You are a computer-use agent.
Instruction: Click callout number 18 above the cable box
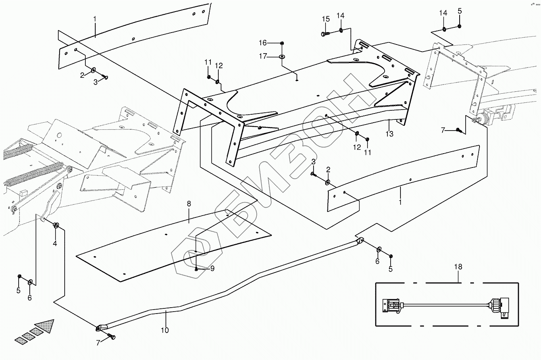[458, 267]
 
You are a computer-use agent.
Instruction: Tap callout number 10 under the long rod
[165, 330]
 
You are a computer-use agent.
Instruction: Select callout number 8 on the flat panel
[189, 204]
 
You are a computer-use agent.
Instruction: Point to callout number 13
[389, 134]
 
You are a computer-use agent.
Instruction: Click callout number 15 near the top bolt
[325, 19]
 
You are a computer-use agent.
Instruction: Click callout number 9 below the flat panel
[212, 269]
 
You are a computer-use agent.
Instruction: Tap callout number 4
[55, 243]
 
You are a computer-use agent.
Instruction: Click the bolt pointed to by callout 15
[324, 34]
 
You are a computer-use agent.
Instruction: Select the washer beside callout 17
[282, 57]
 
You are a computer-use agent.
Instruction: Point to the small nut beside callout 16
[282, 43]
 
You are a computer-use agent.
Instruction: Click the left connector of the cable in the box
[391, 306]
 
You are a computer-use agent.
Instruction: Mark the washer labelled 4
[56, 226]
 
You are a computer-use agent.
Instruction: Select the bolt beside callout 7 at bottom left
[112, 337]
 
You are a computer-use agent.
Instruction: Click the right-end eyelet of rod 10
[360, 240]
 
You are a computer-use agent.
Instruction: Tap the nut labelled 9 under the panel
[197, 269]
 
